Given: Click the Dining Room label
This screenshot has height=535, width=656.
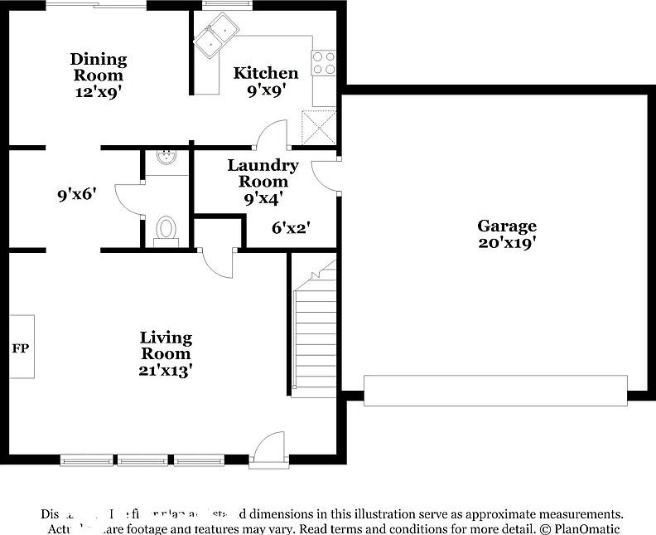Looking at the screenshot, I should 99,66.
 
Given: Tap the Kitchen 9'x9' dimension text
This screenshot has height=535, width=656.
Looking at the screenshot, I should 266,90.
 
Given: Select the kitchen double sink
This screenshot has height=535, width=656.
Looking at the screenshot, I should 216,37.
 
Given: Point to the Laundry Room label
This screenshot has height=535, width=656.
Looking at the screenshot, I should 263,173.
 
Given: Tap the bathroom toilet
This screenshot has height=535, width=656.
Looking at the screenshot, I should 166,229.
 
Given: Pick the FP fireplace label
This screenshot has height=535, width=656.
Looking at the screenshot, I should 21,348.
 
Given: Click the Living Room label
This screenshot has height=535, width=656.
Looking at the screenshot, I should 166,346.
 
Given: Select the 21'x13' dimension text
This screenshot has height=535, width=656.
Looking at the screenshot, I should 166,371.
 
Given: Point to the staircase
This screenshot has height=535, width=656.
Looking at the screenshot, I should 316,332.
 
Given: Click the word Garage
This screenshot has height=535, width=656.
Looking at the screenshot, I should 507,226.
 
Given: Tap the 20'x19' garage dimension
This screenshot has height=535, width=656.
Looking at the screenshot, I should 507,243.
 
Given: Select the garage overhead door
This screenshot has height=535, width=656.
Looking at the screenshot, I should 495,391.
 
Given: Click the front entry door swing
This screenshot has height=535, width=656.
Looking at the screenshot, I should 270,448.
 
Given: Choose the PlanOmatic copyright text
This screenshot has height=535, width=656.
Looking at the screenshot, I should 580,528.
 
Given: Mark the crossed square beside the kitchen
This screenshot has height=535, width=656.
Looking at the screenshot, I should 318,125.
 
